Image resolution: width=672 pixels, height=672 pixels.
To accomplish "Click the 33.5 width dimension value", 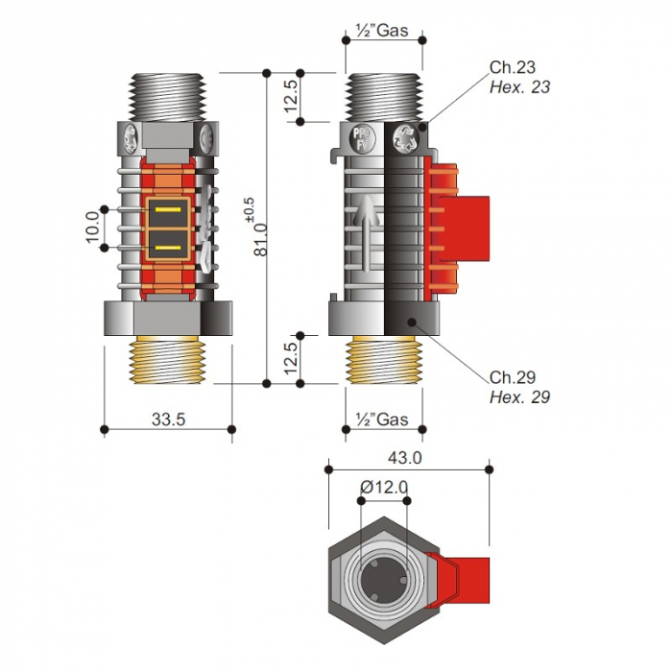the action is coord(168,420).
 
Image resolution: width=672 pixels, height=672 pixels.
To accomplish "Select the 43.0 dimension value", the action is coord(404,458).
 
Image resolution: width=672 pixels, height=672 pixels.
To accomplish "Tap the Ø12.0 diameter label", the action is coord(384,488).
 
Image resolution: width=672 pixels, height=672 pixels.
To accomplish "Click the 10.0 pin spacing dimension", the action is coord(93,228).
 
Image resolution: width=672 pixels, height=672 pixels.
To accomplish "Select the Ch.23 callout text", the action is coord(513,67).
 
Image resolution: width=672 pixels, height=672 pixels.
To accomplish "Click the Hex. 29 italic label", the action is coord(519,397).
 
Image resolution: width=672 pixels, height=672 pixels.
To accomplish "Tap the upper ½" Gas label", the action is coord(382,31).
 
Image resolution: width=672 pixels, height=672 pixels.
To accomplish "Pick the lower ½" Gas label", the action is coord(382,420).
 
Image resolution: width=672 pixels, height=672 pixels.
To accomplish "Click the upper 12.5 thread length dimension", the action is coord(291,97).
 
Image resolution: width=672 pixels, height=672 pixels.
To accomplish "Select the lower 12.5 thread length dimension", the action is coord(291,358).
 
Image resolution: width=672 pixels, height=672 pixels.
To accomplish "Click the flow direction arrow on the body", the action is coord(366,233).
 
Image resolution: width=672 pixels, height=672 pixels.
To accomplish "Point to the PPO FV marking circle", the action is coord(363,139).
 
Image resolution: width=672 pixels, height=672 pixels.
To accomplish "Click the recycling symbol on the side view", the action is coord(406,139).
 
